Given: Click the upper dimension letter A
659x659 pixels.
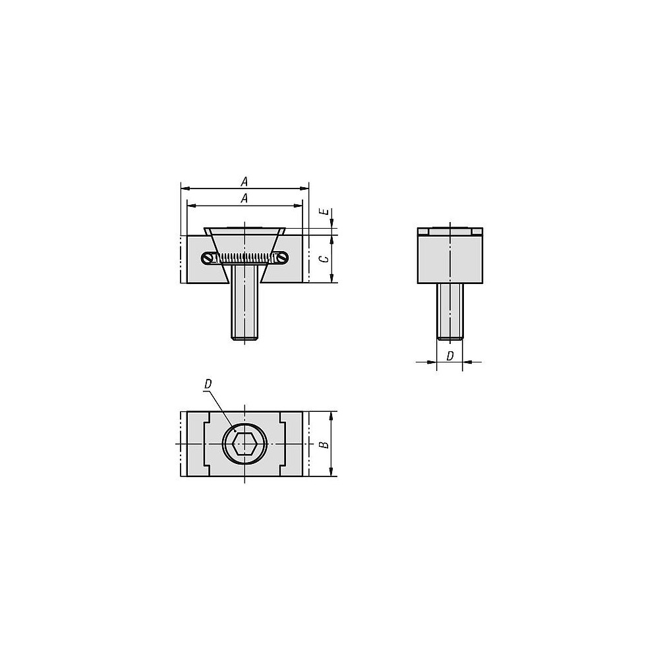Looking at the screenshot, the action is [244, 182].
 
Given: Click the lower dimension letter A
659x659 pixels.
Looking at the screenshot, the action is [244, 198].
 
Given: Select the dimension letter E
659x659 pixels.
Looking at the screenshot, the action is [326, 212].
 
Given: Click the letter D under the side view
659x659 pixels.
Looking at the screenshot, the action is [449, 356].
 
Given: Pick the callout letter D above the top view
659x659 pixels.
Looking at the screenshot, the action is [208, 384].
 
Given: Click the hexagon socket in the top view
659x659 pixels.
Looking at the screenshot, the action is [244, 444].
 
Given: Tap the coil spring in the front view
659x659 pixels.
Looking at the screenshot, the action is [244, 258].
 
